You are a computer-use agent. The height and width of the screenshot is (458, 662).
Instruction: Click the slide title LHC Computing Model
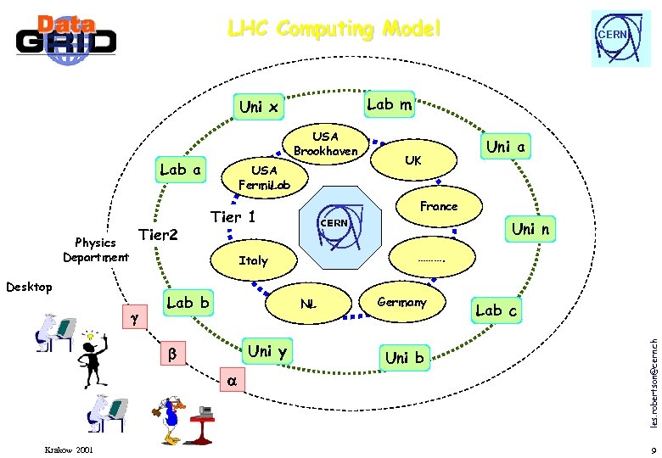pyautogui.click(x=334, y=29)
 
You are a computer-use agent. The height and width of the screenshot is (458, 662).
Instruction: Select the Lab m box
pyautogui.click(x=389, y=104)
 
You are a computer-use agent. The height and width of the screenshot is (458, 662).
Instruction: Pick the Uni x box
pyautogui.click(x=259, y=107)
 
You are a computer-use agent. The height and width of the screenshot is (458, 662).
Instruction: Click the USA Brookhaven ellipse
pyautogui.click(x=326, y=143)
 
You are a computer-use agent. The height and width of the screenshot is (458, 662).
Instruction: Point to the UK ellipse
pyautogui.click(x=412, y=160)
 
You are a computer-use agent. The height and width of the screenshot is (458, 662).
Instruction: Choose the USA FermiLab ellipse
pyautogui.click(x=264, y=177)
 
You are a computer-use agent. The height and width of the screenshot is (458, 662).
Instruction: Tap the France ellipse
pyautogui.click(x=438, y=206)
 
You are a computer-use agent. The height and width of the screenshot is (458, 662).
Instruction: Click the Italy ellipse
pyautogui.click(x=252, y=260)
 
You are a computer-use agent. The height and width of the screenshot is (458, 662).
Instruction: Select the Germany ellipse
pyautogui.click(x=401, y=303)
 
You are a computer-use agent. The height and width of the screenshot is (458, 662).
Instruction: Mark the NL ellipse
pyautogui.click(x=308, y=304)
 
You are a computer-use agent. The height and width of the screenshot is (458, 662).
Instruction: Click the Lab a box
pyautogui.click(x=180, y=170)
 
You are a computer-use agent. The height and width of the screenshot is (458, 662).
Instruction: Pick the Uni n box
pyautogui.click(x=530, y=229)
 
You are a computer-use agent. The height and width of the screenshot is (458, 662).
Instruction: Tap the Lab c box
pyautogui.click(x=496, y=310)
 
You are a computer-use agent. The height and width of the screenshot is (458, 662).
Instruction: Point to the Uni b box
pyautogui.click(x=404, y=357)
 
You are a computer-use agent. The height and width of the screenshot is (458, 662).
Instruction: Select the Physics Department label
pyautogui.click(x=96, y=250)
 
